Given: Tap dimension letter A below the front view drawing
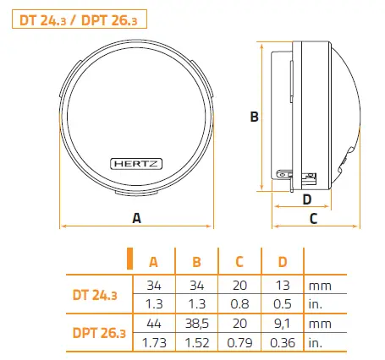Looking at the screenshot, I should (x=136, y=218).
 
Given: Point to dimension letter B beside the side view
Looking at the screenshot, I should (x=253, y=118).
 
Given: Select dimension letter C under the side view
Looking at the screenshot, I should (x=312, y=219).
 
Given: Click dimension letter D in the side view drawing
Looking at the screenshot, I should (x=307, y=199).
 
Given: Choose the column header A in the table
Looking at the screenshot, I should (x=153, y=261).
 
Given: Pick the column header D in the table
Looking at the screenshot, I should (x=283, y=261).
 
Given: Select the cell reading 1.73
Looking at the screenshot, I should (x=153, y=344).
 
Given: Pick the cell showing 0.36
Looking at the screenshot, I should (x=283, y=344).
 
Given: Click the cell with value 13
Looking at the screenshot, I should (x=283, y=286).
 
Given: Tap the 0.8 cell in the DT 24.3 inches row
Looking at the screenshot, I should (x=239, y=304).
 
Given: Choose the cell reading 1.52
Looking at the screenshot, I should (x=196, y=344).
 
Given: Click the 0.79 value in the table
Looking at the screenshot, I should (x=239, y=344).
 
